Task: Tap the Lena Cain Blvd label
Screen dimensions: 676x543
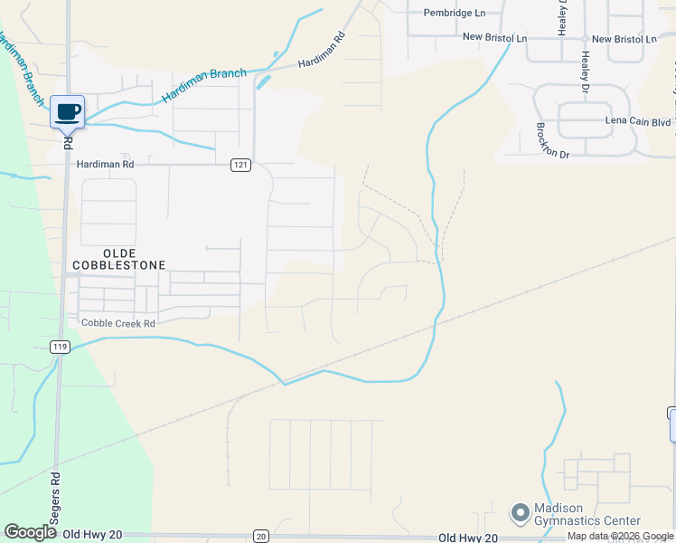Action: tap(637, 120)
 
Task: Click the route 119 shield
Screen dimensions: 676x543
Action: tap(60, 347)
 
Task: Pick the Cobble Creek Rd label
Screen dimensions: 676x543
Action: tap(118, 323)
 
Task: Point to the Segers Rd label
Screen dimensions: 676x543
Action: tap(55, 494)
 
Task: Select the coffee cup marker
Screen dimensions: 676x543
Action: tap(68, 112)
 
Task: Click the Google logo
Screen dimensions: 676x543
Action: tap(30, 532)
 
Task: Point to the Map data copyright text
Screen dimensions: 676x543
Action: tap(620, 537)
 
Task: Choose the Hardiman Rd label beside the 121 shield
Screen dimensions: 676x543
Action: tap(105, 165)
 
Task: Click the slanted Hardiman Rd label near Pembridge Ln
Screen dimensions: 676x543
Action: tap(323, 52)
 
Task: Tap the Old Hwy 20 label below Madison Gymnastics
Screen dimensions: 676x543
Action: tap(467, 538)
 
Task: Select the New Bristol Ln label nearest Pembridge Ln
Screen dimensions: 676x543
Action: tap(494, 38)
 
